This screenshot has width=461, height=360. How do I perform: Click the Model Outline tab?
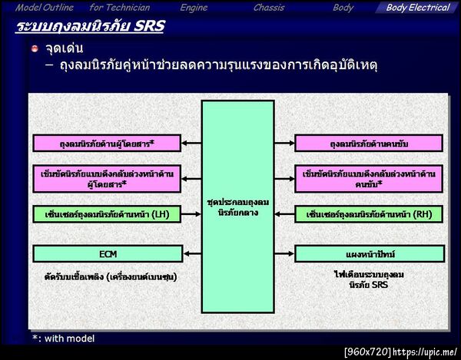point(45,8)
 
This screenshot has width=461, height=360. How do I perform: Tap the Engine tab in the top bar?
point(194,8)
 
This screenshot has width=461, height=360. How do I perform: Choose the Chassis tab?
point(269,8)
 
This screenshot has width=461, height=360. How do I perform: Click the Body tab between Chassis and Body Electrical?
point(343,8)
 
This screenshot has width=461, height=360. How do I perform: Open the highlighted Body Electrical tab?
point(417,8)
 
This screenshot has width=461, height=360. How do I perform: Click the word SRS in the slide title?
point(146,27)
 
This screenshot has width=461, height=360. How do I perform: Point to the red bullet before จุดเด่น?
point(35,49)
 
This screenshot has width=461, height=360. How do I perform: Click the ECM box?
point(107,253)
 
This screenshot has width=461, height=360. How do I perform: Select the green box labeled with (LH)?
point(107,214)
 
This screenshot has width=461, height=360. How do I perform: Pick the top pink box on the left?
point(107,144)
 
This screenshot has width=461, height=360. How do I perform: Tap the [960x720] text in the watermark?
point(367,352)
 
